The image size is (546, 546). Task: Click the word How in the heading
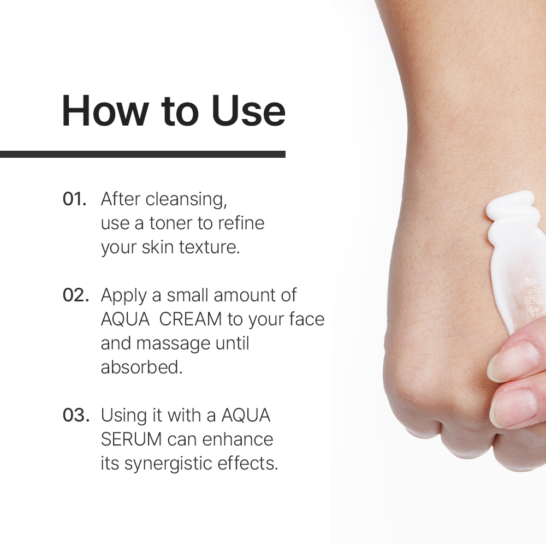(x=105, y=110)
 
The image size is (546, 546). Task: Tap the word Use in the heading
(x=248, y=110)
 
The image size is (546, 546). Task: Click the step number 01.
(x=74, y=199)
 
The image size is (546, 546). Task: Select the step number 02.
(x=76, y=295)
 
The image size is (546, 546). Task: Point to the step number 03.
(x=76, y=415)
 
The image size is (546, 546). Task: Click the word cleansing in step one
(x=186, y=200)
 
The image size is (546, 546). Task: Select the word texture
(x=210, y=247)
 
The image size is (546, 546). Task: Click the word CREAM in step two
(x=191, y=319)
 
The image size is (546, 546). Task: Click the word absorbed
(x=142, y=367)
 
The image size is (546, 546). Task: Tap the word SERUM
(x=131, y=439)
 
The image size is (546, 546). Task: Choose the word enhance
(x=238, y=439)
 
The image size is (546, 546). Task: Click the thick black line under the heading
(x=143, y=155)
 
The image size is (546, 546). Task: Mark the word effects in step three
(x=248, y=464)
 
